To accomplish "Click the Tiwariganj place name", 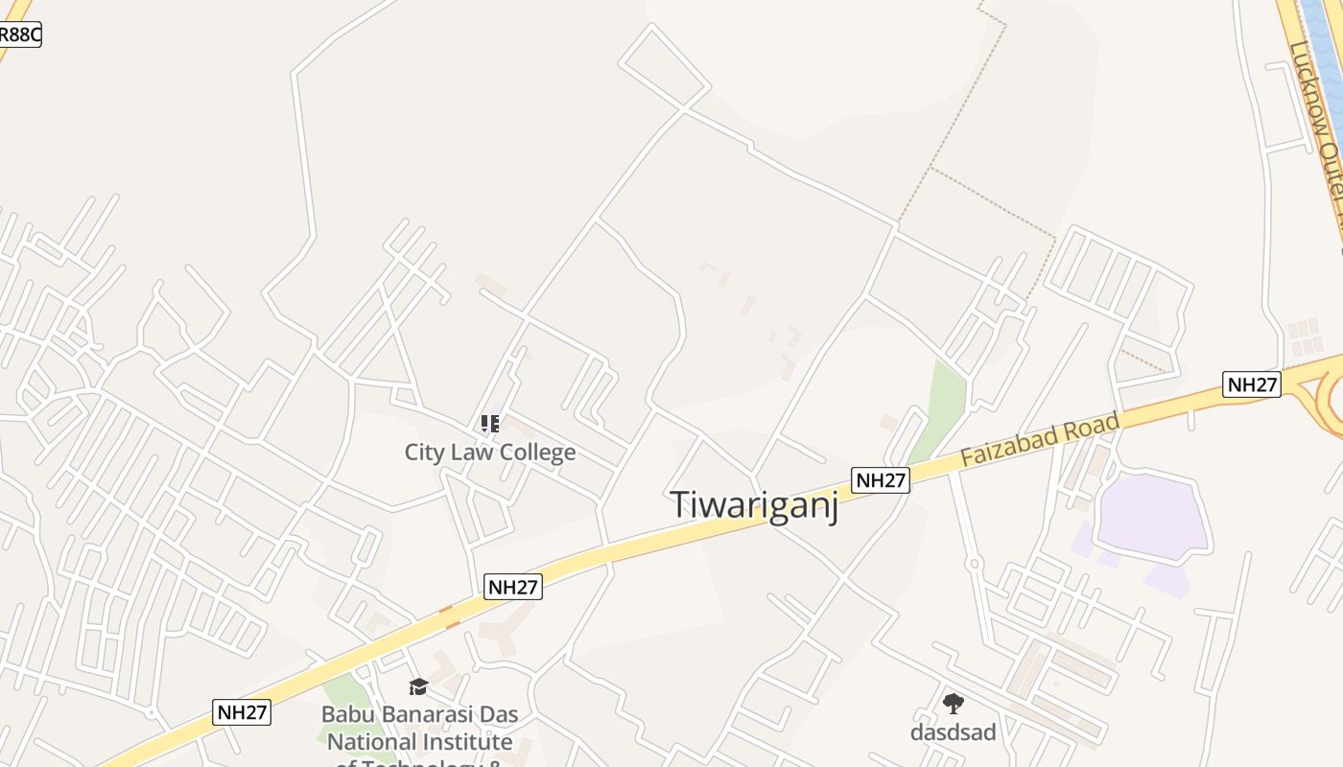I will (x=754, y=505).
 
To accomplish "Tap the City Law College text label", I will (x=490, y=453).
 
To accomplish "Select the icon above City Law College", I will (x=490, y=423).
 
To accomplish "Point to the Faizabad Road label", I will (x=1040, y=440).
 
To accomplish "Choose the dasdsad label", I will (x=953, y=732).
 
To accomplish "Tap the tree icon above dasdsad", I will (x=953, y=705).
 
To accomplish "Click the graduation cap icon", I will (x=418, y=686).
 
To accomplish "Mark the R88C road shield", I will (x=18, y=35).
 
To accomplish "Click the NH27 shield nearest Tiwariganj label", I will (x=880, y=480).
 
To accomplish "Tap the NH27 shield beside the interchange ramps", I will (x=1252, y=384).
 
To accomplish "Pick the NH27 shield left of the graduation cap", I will (x=242, y=712).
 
